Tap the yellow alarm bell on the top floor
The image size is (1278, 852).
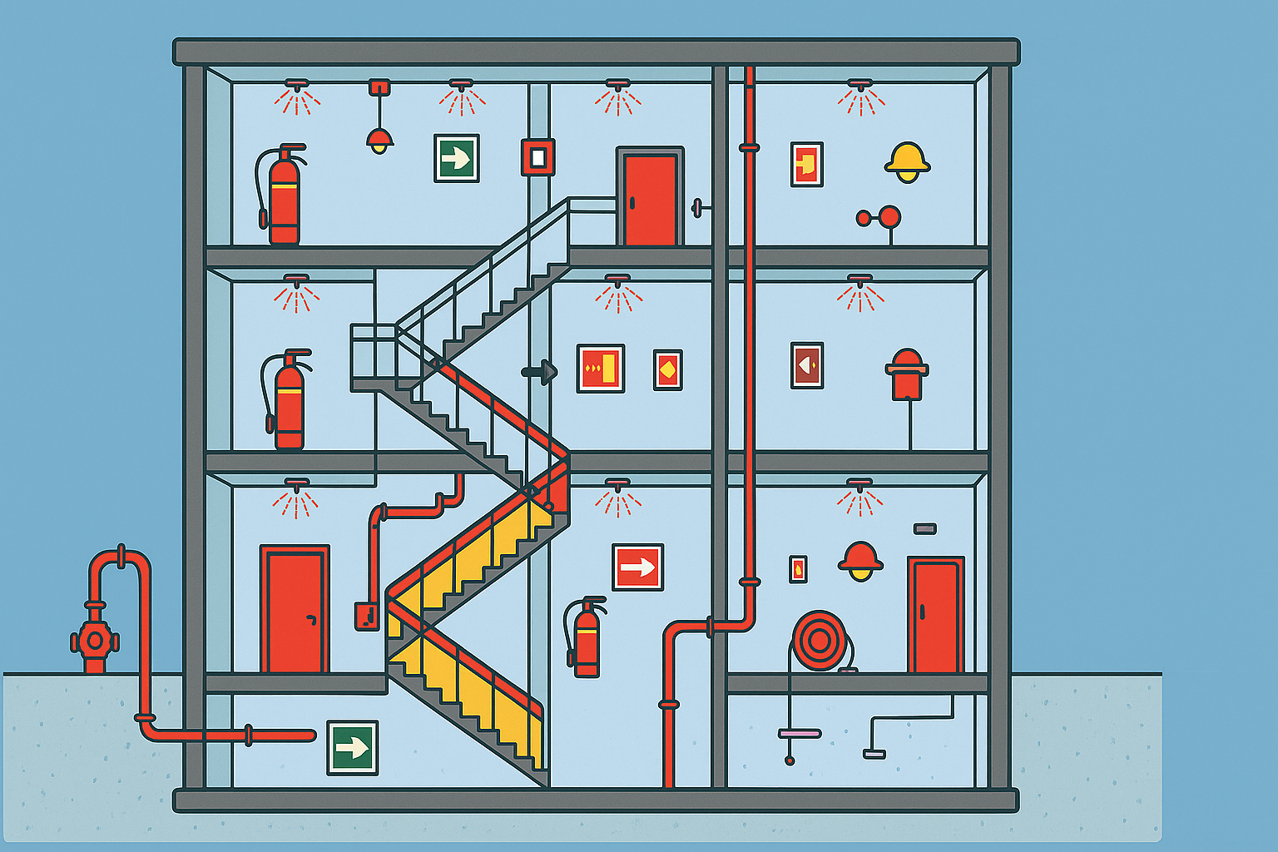tap(906, 161)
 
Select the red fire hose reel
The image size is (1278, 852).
tap(819, 640)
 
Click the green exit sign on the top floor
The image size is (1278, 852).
tap(456, 158)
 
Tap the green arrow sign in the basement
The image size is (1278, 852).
tap(352, 747)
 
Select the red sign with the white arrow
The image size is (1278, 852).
tap(637, 567)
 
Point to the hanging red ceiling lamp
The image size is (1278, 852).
tap(379, 138)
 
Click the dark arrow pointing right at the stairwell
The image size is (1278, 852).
tap(541, 372)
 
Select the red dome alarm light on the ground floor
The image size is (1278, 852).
tap(860, 561)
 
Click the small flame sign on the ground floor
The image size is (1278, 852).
tap(798, 569)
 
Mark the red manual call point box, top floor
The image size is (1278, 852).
tap(537, 157)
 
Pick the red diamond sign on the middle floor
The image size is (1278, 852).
tap(667, 369)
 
